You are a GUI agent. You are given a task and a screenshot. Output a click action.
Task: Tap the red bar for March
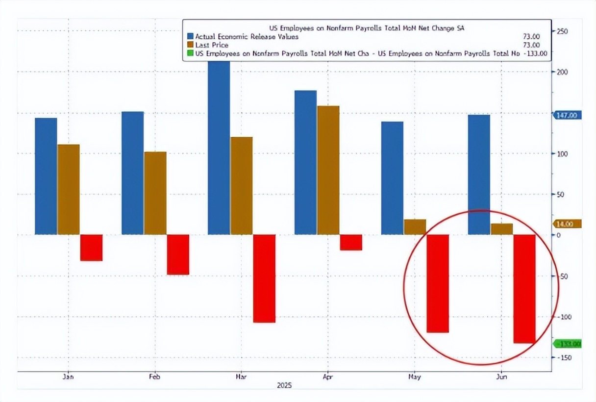click(x=264, y=278)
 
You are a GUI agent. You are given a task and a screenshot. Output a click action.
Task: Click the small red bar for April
click(x=351, y=242)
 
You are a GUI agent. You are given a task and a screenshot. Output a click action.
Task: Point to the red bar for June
click(x=524, y=288)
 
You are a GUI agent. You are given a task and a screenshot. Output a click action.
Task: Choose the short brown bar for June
click(x=502, y=229)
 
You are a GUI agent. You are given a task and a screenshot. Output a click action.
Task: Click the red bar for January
click(x=91, y=248)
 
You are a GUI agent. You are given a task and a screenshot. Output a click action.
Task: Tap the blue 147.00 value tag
click(x=567, y=115)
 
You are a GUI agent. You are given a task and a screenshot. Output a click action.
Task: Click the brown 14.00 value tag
click(x=567, y=224)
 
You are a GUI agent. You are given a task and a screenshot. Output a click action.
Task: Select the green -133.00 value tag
click(x=568, y=344)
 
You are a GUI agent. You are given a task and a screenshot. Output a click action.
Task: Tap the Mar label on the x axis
click(x=242, y=377)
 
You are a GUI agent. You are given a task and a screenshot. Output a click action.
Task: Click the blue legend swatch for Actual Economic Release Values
click(x=191, y=36)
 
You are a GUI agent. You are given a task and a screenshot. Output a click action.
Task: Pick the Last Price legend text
click(x=212, y=45)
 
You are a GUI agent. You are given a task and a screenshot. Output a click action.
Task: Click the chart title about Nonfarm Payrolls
click(x=367, y=28)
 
